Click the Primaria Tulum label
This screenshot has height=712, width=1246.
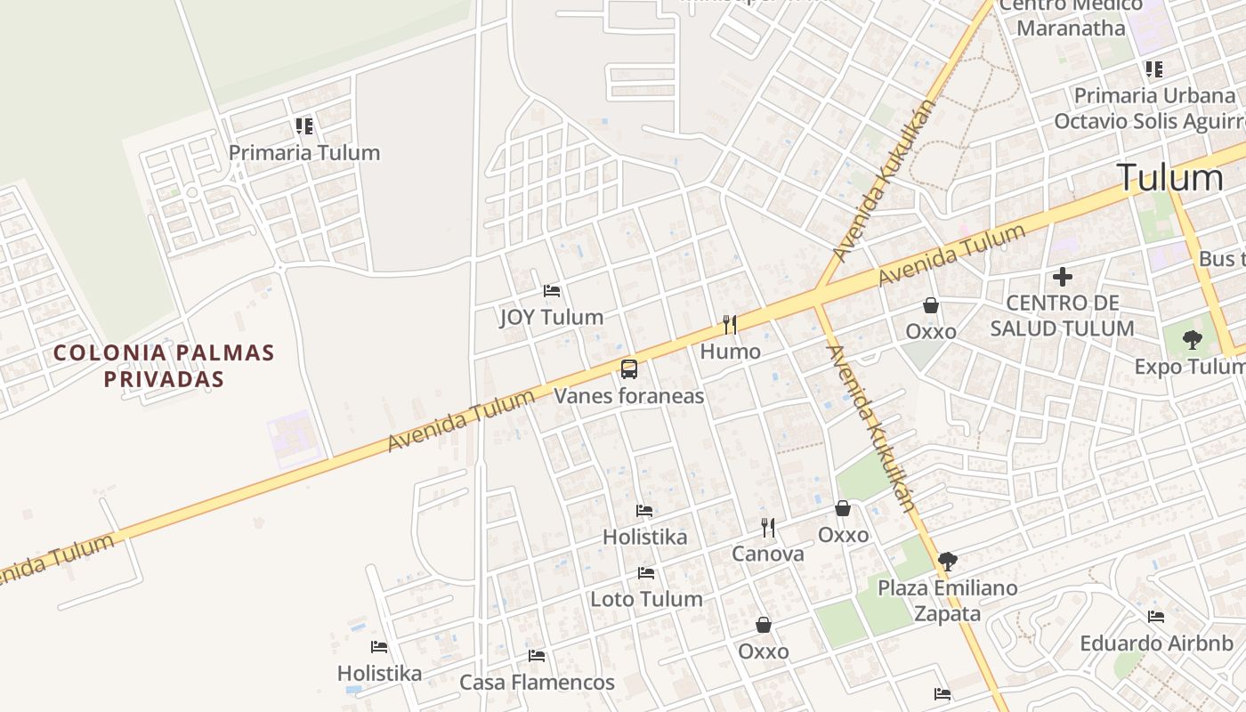[304, 152]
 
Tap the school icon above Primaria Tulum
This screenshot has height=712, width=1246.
[304, 126]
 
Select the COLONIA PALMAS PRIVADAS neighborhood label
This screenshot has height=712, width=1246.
[164, 366]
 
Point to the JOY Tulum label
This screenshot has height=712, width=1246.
[552, 317]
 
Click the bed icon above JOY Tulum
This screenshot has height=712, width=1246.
[552, 291]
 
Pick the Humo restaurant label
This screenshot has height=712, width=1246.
[730, 352]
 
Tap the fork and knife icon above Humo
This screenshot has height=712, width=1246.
[730, 325]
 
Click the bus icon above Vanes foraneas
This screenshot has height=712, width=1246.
[629, 369]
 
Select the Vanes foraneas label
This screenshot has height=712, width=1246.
[629, 396]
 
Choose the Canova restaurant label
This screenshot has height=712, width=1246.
[767, 554]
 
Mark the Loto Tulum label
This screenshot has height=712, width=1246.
[646, 599]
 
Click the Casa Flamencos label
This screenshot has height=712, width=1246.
[537, 683]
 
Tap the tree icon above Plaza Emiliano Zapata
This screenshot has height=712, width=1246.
[948, 562]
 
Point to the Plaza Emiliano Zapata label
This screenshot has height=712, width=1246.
[948, 601]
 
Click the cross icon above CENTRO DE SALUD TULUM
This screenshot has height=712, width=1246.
[1062, 277]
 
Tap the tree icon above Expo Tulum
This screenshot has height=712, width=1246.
[1192, 339]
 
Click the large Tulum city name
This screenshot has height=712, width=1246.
[1169, 178]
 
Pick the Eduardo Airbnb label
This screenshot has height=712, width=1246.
[1156, 643]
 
